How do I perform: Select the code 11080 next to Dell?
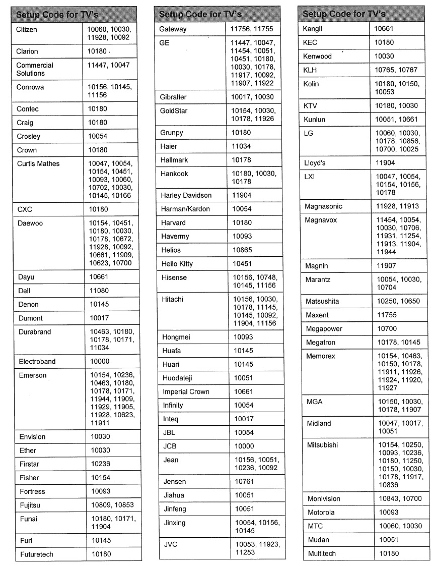click(99, 291)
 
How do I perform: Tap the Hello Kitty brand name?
click(177, 264)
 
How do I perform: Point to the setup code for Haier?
click(241, 146)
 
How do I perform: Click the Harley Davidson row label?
click(186, 195)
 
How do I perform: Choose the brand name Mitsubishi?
click(322, 445)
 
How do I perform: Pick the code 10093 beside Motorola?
click(389, 513)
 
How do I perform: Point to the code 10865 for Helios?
click(242, 250)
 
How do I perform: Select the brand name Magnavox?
click(321, 220)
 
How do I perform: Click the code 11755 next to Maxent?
click(387, 315)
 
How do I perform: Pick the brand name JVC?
click(171, 544)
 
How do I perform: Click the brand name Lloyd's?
click(315, 163)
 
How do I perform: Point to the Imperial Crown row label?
click(186, 392)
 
